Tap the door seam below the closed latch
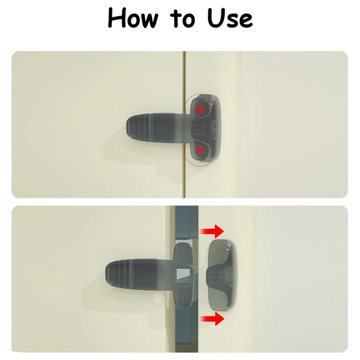click(184, 180)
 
